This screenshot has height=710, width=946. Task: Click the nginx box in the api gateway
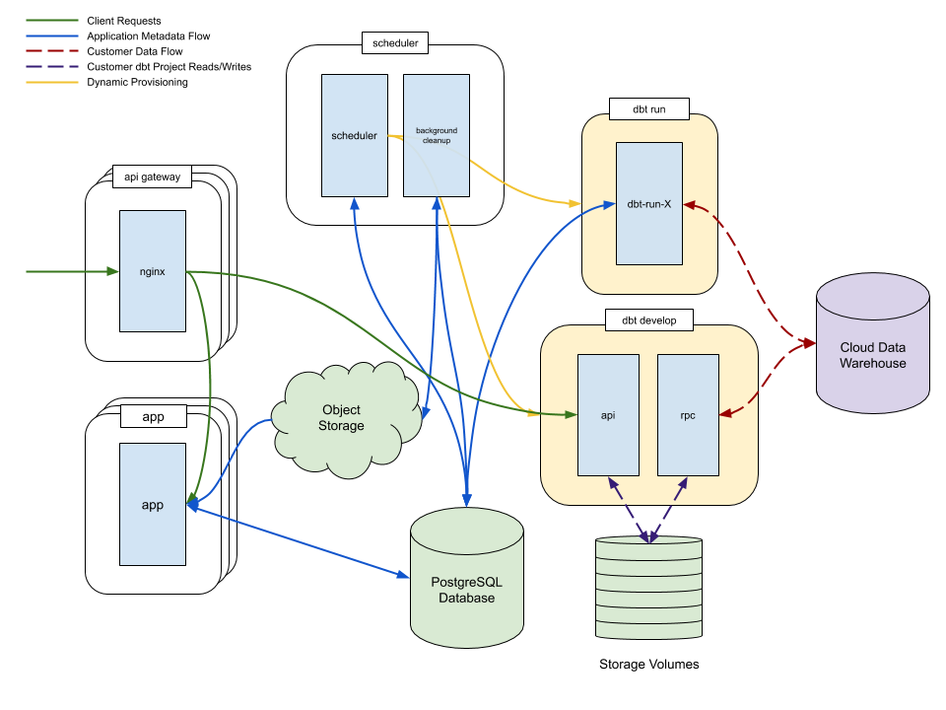(x=153, y=271)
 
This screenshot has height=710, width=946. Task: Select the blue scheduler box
(x=354, y=135)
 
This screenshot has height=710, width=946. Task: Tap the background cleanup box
(x=437, y=135)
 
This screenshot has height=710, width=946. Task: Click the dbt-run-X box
(x=649, y=204)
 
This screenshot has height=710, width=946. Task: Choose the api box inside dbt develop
(x=608, y=415)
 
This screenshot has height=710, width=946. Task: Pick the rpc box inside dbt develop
(x=688, y=415)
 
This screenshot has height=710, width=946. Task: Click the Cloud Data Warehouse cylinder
(x=872, y=355)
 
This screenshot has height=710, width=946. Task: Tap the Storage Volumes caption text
(x=648, y=664)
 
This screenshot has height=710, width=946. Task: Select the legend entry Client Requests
(x=123, y=21)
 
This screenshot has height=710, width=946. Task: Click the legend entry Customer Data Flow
(x=134, y=51)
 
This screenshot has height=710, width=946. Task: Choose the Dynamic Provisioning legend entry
(x=137, y=82)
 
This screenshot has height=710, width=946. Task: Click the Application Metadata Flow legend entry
(x=148, y=36)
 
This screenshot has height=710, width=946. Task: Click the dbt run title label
(x=648, y=109)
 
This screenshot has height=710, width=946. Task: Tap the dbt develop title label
(x=648, y=319)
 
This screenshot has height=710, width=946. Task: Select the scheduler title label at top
(x=395, y=43)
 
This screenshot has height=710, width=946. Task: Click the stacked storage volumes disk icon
(x=648, y=590)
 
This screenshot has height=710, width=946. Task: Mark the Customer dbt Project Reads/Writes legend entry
(x=169, y=67)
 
